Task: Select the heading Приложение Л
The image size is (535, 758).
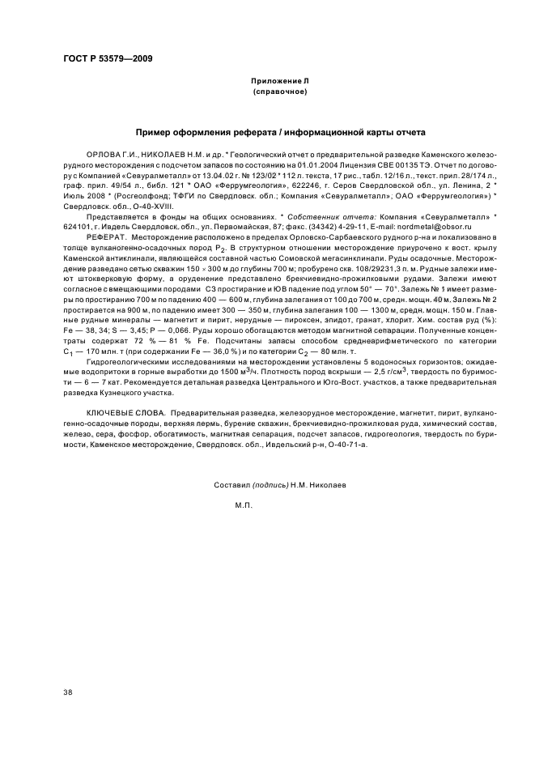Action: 279,82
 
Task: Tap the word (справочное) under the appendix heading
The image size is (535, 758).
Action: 279,92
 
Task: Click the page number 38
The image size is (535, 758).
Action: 69,692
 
